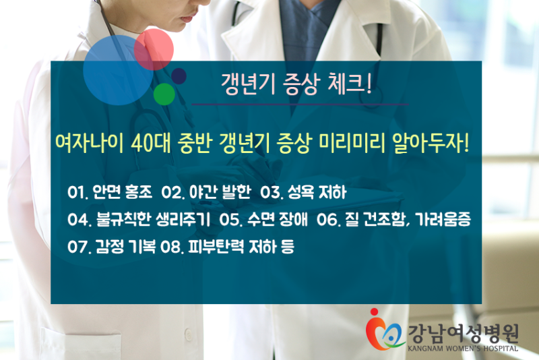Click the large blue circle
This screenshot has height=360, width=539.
click(118, 70)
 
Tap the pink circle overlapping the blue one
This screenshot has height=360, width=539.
click(154, 49)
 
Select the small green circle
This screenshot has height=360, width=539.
click(164, 94)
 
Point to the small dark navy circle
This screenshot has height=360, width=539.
click(179, 76)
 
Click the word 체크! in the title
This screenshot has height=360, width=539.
click(350, 84)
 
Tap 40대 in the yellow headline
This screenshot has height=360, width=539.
click(151, 143)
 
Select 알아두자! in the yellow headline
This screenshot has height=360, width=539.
click(431, 143)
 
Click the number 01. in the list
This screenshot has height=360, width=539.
click(77, 192)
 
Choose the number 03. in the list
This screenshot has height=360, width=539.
click(272, 192)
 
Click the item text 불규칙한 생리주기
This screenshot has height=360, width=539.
click(153, 219)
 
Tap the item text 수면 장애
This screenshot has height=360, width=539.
click(277, 219)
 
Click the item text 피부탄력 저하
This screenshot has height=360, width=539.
click(232, 247)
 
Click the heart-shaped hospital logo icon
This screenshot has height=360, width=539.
click(384, 331)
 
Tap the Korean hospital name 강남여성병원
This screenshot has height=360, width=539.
click(463, 334)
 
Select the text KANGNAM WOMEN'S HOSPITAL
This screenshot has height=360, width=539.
click(463, 349)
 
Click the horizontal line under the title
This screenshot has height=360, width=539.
click(300, 104)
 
